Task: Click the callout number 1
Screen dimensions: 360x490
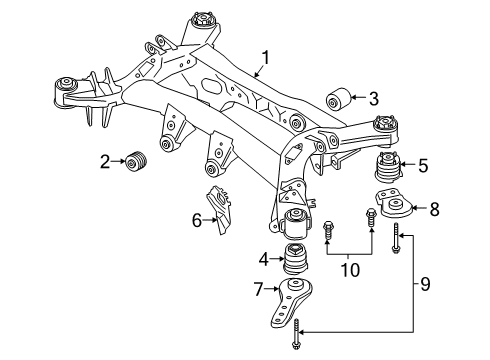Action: (x=265, y=57)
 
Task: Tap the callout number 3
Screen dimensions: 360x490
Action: (x=372, y=98)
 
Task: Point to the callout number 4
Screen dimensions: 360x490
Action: (x=263, y=260)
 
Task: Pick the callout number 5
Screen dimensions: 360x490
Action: (x=422, y=166)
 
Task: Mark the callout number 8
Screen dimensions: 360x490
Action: (x=434, y=210)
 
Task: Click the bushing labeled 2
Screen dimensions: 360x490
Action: (x=136, y=161)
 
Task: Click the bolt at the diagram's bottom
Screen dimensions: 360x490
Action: (x=298, y=344)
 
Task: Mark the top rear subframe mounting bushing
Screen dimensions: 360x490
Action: (x=210, y=22)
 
